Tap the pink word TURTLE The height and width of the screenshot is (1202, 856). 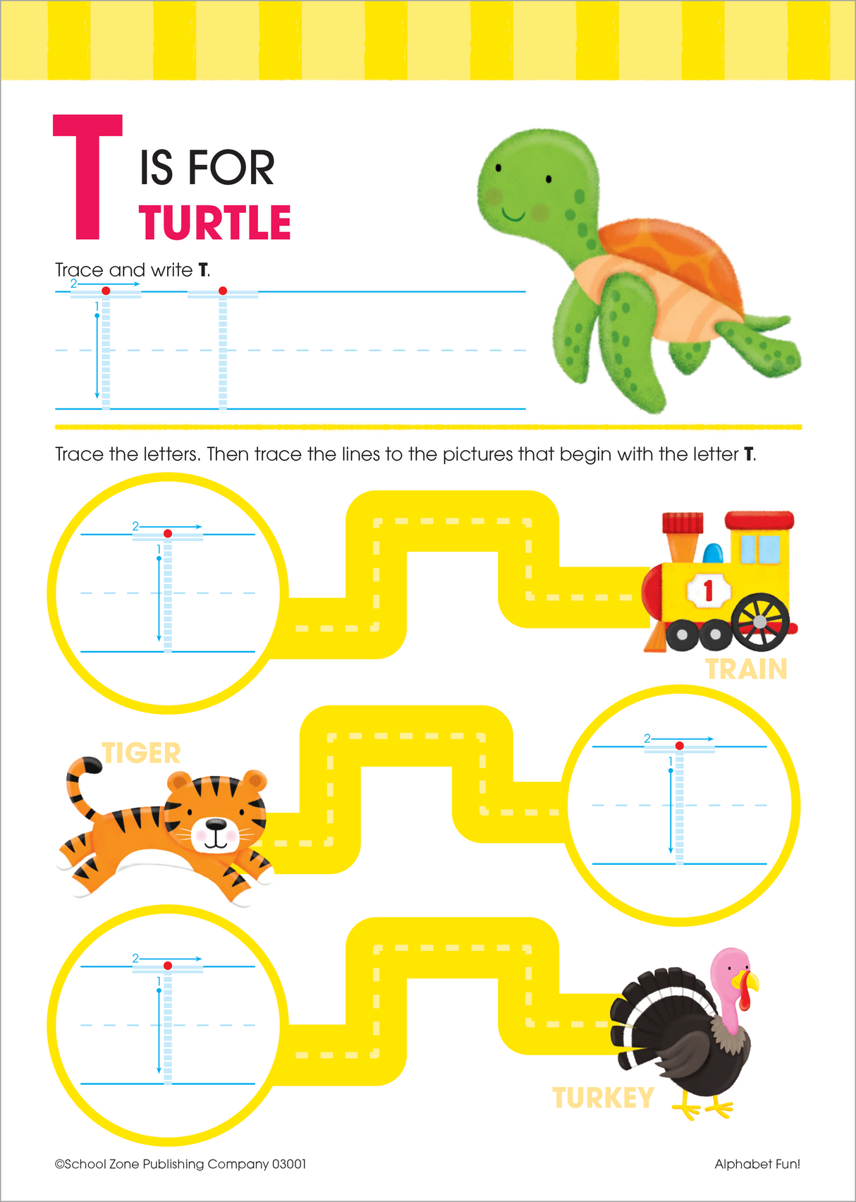[215, 223]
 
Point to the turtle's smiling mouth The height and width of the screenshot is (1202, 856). [513, 214]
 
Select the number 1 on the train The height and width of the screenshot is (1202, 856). [708, 590]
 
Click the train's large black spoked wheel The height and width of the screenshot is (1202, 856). [759, 621]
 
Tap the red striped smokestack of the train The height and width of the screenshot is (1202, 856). [683, 523]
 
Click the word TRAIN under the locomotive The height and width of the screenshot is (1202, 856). [746, 669]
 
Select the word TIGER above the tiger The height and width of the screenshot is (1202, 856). [142, 753]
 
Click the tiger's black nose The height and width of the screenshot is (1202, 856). [216, 824]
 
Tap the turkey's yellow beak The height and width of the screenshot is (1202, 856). [747, 981]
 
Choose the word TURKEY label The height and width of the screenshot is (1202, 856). [603, 1098]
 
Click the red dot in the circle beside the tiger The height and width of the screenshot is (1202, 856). [679, 746]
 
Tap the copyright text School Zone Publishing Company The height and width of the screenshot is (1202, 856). [181, 1164]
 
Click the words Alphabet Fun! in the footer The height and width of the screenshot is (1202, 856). [757, 1164]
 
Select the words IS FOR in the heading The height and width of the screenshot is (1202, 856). [207, 168]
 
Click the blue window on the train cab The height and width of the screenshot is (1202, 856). [760, 549]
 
